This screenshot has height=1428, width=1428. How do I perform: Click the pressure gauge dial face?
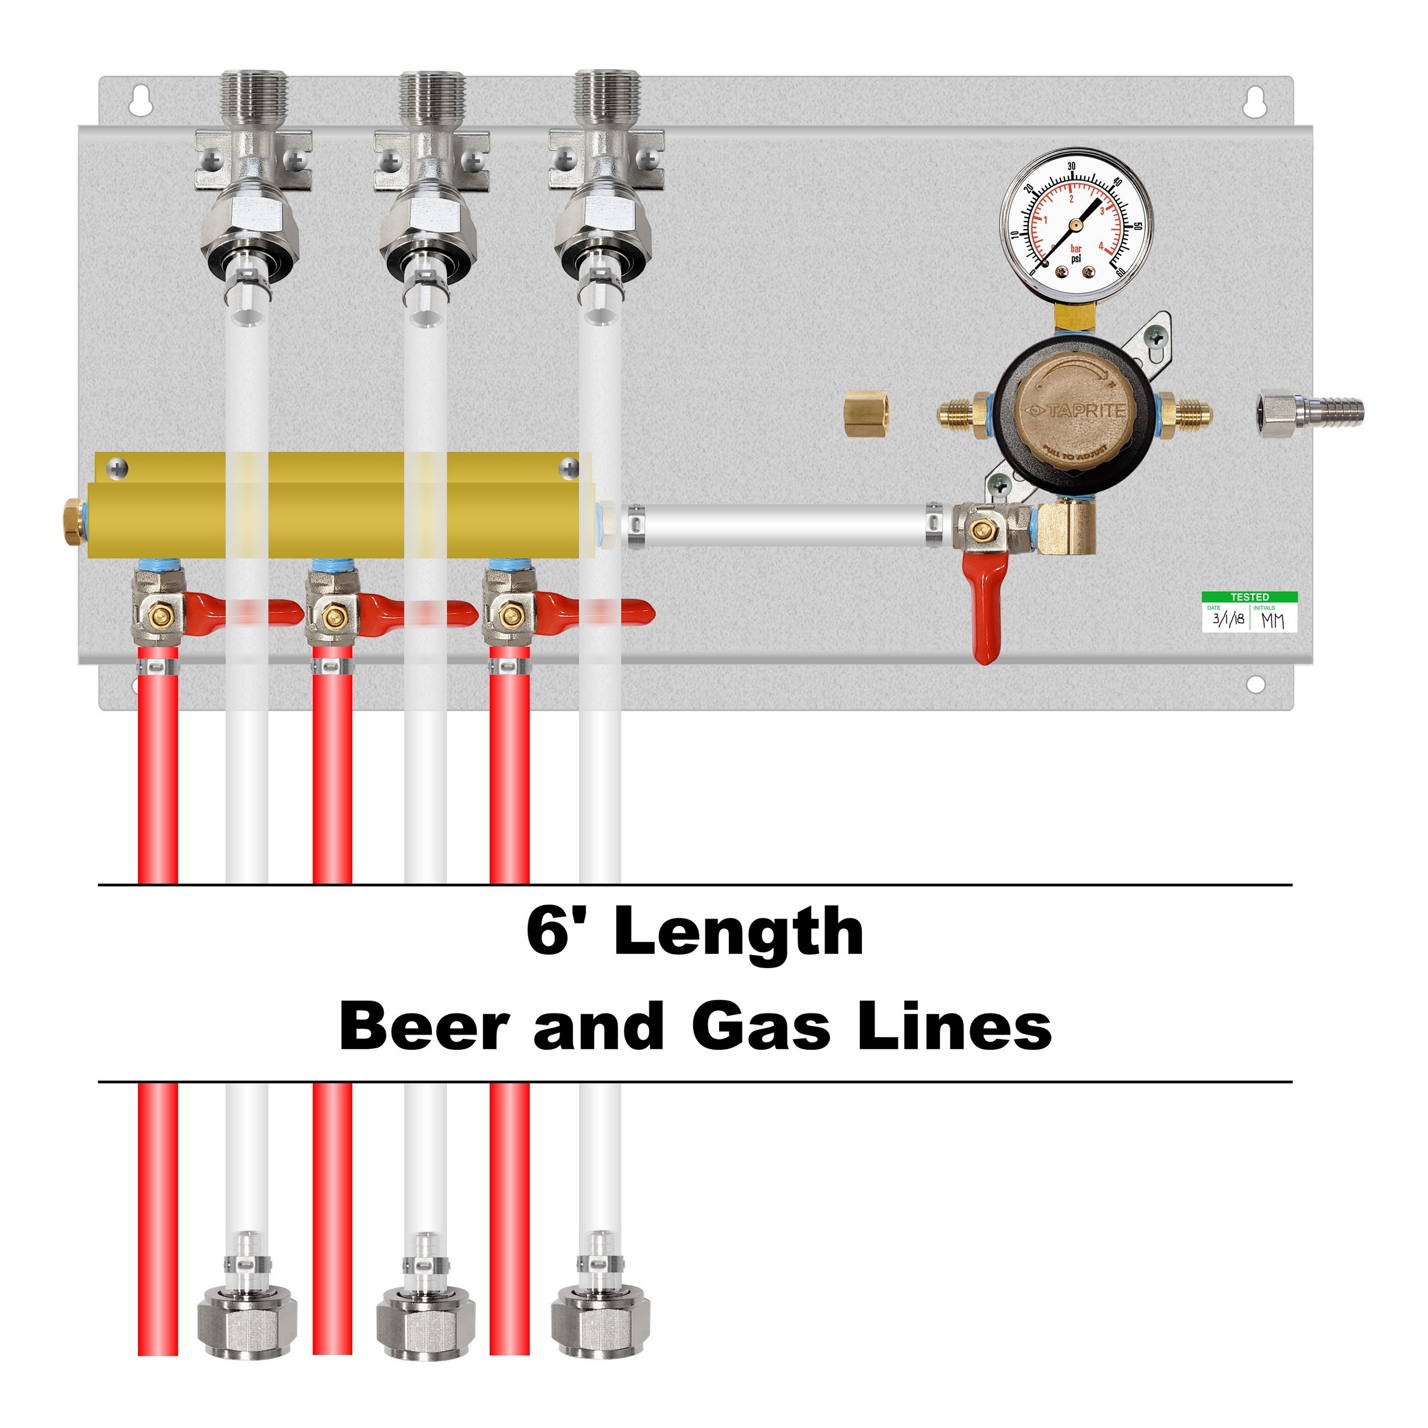coord(1076,222)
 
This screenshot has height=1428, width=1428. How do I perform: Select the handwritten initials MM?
coord(1273,621)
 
